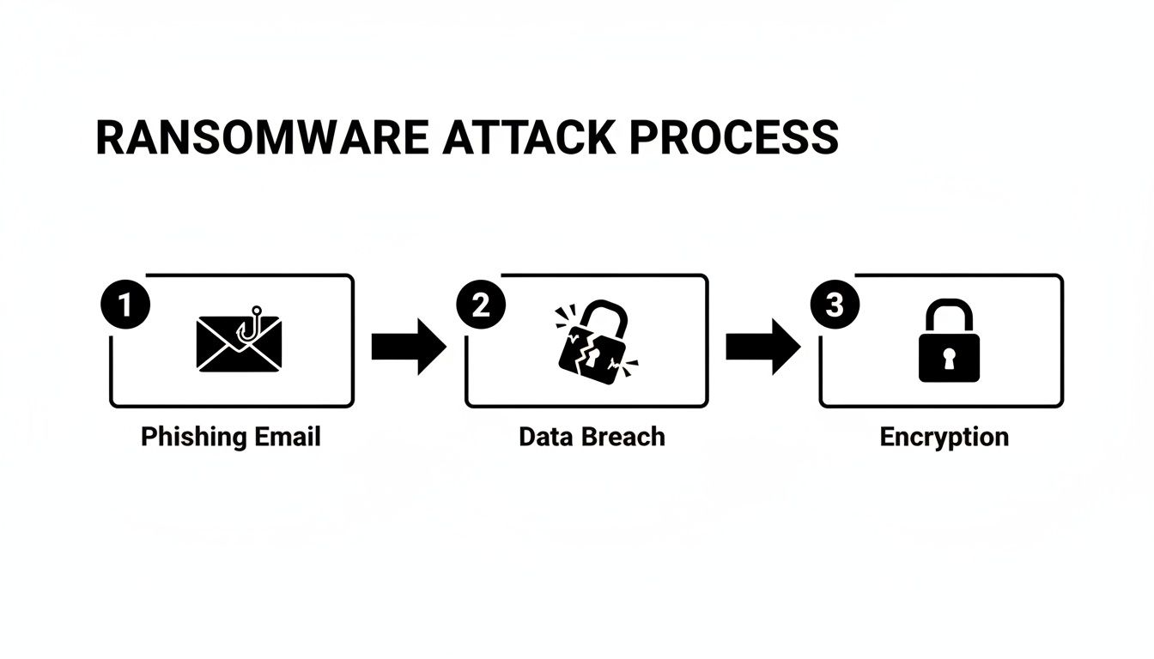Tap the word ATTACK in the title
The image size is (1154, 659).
click(x=528, y=137)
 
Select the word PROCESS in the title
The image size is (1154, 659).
click(x=733, y=137)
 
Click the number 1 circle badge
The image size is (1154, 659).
click(x=125, y=305)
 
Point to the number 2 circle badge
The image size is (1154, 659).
click(x=481, y=305)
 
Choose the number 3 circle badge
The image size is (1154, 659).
click(x=835, y=305)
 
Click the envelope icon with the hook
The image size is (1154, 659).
click(x=239, y=342)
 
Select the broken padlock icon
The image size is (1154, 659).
click(x=592, y=343)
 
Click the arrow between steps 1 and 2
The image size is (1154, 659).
click(x=409, y=347)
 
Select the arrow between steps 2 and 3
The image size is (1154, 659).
click(x=762, y=347)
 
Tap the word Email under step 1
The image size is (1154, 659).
click(x=288, y=437)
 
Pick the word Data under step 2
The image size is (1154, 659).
click(x=545, y=437)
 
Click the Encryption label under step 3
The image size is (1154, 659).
click(x=944, y=437)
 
